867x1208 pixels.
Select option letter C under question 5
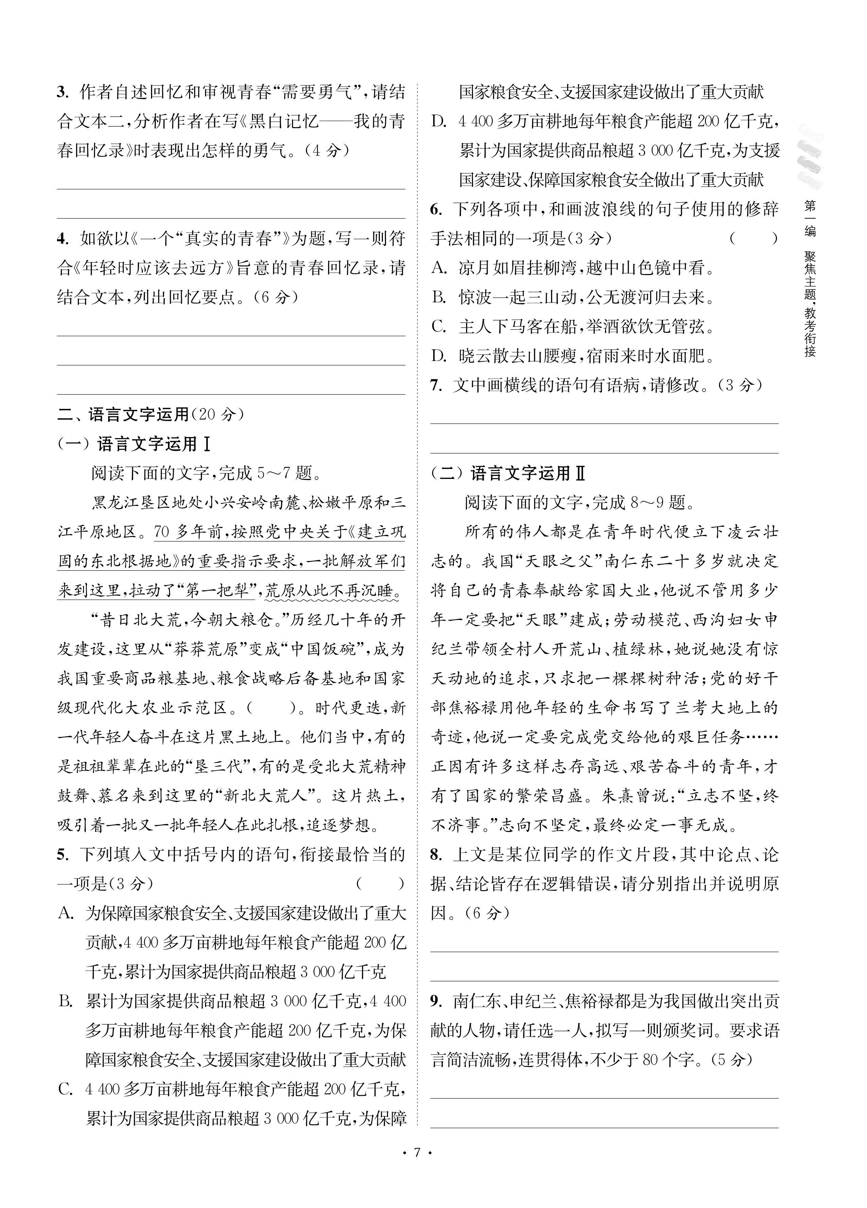(66, 1090)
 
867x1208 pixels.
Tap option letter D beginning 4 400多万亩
(439, 122)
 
